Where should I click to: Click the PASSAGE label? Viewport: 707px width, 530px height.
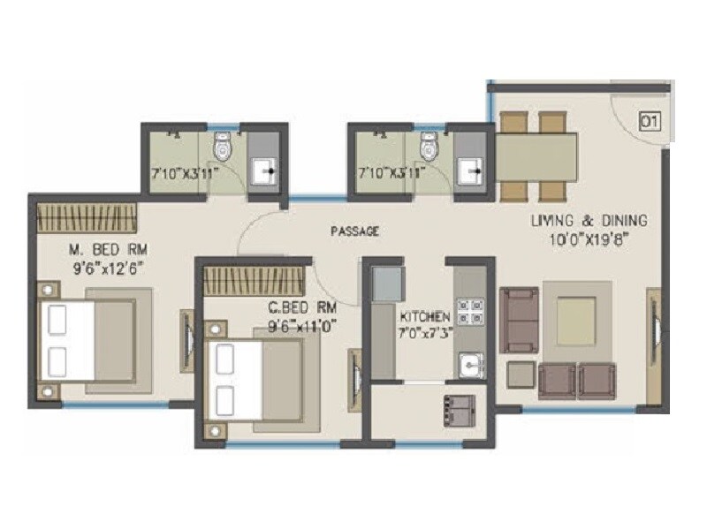(354, 231)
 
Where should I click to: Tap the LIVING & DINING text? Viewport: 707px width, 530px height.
(589, 221)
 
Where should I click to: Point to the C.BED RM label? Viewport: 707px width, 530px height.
(303, 308)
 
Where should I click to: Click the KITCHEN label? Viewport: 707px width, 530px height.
(425, 316)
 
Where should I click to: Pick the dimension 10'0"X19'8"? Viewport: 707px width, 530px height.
(589, 238)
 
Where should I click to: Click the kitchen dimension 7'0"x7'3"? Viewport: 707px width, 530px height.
(425, 333)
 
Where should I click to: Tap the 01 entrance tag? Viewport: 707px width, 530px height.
(648, 121)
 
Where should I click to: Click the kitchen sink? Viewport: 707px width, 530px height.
(469, 364)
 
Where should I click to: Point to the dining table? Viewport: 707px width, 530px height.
(537, 156)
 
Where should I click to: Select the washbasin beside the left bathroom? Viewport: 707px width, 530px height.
(262, 170)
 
